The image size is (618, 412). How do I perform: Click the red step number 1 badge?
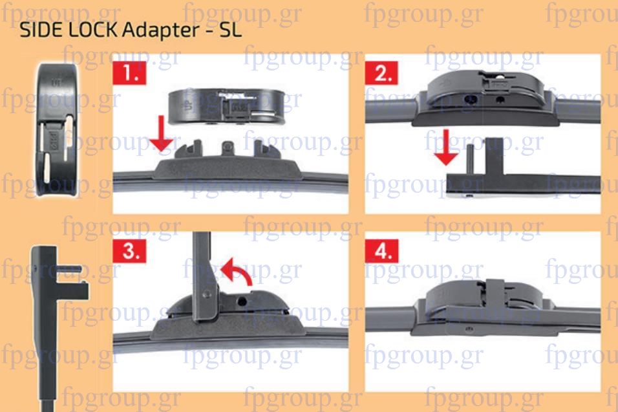(129, 73)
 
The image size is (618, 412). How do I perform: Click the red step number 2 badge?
(381, 73)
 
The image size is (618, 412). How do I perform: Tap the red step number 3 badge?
(129, 251)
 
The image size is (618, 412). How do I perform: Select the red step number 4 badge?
(381, 251)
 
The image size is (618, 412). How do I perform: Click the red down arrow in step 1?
(161, 134)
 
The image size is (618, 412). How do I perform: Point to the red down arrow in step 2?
(446, 147)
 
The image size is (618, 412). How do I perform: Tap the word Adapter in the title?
(160, 31)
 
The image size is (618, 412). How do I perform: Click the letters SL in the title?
(231, 30)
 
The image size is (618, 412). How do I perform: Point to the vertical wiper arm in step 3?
(204, 276)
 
